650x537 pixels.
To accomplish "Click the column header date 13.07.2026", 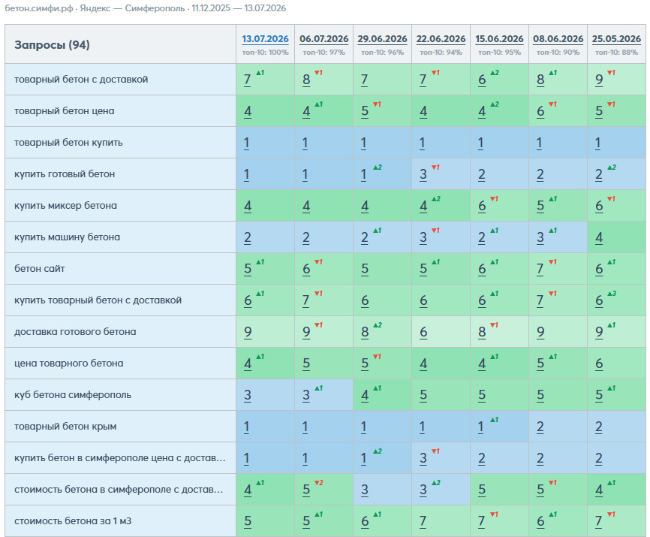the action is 265,39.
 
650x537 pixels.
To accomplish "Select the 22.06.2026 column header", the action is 441,39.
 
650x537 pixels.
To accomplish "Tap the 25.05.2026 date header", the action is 616,39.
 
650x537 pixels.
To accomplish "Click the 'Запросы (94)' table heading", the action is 52,45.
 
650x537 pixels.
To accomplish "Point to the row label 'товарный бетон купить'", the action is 68,143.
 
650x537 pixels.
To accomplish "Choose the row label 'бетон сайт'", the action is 39,269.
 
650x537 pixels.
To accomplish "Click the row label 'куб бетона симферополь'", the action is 73,395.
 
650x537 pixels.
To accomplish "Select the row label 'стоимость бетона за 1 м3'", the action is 73,520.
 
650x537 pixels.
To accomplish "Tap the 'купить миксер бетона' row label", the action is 65,206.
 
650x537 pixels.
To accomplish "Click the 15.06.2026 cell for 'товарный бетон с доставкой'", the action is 499,79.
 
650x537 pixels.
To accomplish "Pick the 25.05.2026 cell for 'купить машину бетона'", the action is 616,237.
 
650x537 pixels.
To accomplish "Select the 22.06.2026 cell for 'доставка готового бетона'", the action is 441,332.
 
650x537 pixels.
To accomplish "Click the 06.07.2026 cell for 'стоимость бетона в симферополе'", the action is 323,490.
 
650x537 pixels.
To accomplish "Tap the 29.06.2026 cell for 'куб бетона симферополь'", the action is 382,395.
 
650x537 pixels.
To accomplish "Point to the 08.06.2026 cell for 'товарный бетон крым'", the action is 558,427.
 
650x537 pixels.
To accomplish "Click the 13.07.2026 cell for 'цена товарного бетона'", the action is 265,364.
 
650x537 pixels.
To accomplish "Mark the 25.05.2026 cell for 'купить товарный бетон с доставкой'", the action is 616,300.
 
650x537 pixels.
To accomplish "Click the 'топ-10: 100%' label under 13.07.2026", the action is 265,53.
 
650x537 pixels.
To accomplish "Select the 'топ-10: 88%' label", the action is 616,53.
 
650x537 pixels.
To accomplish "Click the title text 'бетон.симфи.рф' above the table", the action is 39,8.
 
